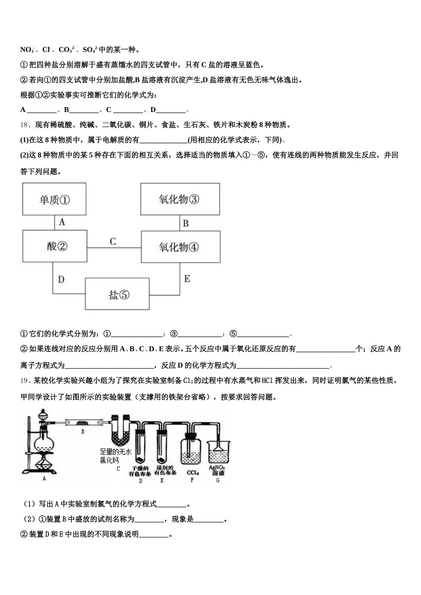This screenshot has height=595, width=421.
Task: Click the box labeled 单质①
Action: point(54,200)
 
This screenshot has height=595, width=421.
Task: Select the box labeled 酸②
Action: point(54,246)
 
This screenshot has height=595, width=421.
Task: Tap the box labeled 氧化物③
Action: point(179,199)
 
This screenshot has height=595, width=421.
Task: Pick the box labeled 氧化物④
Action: point(179,247)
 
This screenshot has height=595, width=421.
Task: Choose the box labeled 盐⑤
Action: point(117,294)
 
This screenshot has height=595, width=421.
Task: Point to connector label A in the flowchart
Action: point(62,222)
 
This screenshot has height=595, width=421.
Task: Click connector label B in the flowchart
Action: point(186,223)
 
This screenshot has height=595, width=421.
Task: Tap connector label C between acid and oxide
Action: point(113,241)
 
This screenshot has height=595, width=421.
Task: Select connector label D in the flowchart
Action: point(61,279)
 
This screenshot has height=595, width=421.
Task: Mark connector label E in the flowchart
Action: point(187,279)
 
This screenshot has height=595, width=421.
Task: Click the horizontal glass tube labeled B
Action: point(83,423)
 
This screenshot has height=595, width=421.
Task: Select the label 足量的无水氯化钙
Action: point(115,456)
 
